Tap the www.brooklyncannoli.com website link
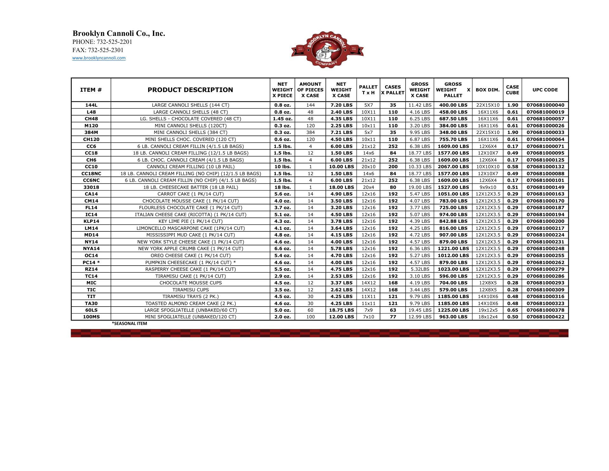pyautogui.click(x=99, y=58)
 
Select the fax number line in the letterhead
pyautogui.click(x=98, y=50)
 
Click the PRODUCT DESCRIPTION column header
pyautogui.click(x=190, y=90)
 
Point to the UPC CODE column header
pyautogui.click(x=545, y=90)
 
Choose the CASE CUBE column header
pyautogui.click(x=512, y=90)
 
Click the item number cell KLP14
pyautogui.click(x=91, y=221)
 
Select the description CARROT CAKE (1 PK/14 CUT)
pyautogui.click(x=190, y=194)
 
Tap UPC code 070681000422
pyautogui.click(x=545, y=317)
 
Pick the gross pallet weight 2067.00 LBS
pyautogui.click(x=453, y=167)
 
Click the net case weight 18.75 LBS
pyautogui.click(x=341, y=310)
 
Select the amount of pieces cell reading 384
pyautogui.click(x=310, y=132)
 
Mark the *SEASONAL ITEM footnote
pyautogui.click(x=129, y=324)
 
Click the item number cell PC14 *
pyautogui.click(x=91, y=262)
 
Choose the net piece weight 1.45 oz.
pyautogui.click(x=282, y=119)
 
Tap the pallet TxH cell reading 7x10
pyautogui.click(x=368, y=317)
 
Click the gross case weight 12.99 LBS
pyautogui.click(x=420, y=317)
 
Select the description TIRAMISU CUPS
pyautogui.click(x=190, y=290)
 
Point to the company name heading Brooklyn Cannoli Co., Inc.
pyautogui.click(x=119, y=34)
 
